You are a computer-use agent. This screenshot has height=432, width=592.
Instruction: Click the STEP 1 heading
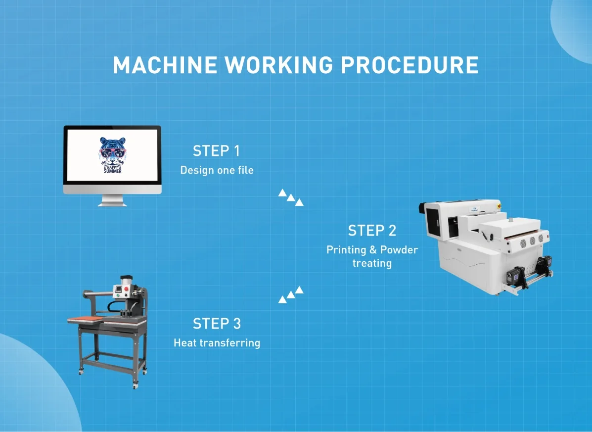[x=216, y=151]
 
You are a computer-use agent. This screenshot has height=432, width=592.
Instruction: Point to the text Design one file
[x=217, y=170]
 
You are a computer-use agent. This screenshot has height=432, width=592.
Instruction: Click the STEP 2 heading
[x=372, y=231]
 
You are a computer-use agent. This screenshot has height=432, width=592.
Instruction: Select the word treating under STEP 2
[x=372, y=263]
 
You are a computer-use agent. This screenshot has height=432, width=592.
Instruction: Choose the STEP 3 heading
[x=217, y=324]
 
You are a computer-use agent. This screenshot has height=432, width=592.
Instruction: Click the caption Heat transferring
[x=217, y=342]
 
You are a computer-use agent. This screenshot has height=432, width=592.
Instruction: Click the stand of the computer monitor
[x=112, y=200]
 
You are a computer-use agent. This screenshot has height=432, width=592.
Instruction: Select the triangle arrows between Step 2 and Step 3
[x=291, y=294]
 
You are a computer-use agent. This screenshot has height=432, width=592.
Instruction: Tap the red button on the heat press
[x=126, y=287]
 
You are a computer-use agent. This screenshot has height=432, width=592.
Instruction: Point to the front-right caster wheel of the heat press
[x=135, y=384]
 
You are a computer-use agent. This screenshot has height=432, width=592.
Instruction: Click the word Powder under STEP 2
[x=399, y=250]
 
